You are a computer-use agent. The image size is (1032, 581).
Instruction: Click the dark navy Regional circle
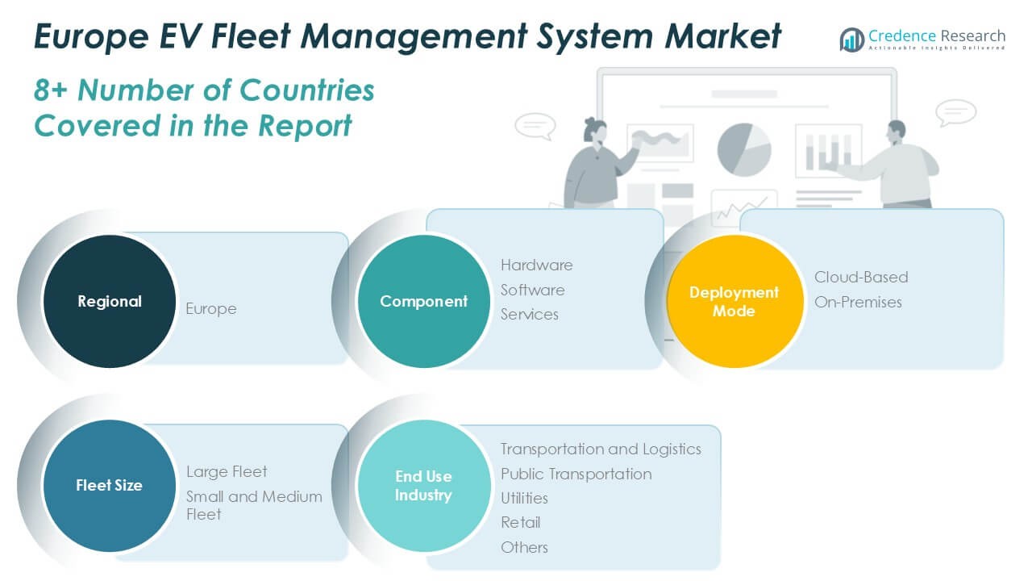tap(109, 301)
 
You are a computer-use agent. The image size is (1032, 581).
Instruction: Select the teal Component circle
tap(423, 301)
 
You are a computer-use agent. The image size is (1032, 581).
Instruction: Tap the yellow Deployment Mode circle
tap(734, 301)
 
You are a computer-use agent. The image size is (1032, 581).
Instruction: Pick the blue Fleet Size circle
tap(109, 485)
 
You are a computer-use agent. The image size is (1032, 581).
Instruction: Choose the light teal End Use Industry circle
tap(423, 485)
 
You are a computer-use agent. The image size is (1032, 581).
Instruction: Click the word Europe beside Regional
tap(211, 308)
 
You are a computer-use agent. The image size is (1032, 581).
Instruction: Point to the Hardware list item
tap(536, 265)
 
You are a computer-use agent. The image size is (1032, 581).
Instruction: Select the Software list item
tap(532, 290)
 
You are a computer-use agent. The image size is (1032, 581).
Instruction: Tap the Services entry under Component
tap(529, 314)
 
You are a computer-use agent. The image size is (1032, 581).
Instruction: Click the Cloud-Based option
tap(860, 277)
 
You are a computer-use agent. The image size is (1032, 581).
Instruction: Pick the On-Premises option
tap(858, 302)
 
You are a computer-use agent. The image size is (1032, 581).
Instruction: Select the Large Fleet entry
tap(227, 471)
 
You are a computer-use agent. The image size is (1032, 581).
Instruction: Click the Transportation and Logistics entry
tap(601, 449)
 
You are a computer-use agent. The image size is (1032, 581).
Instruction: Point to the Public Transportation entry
tap(576, 474)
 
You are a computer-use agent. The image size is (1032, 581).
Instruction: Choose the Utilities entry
tap(524, 498)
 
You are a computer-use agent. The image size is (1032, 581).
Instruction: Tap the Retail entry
tap(520, 522)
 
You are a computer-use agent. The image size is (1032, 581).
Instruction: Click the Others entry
tap(524, 547)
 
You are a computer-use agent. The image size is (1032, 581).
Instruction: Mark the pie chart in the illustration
tap(744, 149)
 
